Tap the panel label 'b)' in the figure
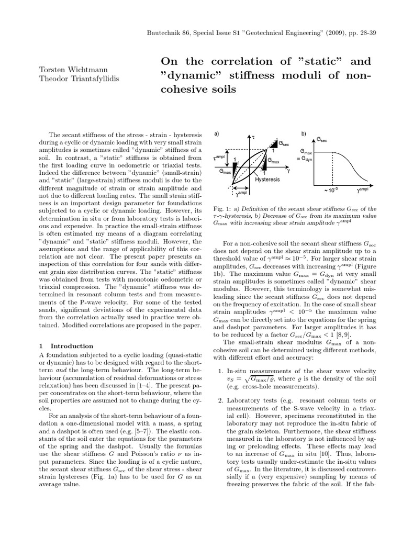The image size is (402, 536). (304, 134)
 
